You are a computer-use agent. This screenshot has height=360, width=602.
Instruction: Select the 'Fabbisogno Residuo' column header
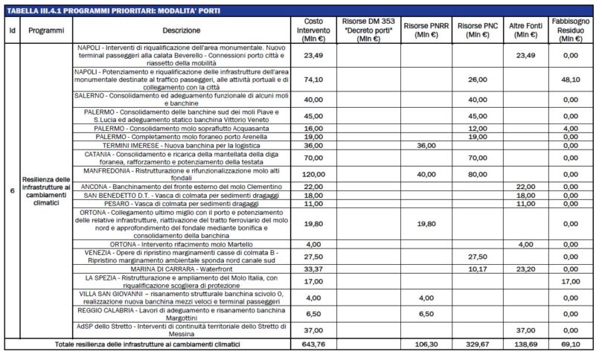[571, 29]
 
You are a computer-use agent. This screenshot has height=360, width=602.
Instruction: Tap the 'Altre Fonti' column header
[525, 30]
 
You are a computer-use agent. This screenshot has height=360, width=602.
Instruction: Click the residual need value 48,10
[571, 80]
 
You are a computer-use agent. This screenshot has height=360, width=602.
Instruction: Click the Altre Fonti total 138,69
[525, 344]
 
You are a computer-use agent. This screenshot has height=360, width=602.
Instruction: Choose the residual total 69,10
[571, 344]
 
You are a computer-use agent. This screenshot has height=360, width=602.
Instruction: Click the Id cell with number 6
[11, 190]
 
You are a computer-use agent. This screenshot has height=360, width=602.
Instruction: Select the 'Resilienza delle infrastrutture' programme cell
[45, 190]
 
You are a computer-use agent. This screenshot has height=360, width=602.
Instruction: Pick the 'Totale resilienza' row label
[150, 344]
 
